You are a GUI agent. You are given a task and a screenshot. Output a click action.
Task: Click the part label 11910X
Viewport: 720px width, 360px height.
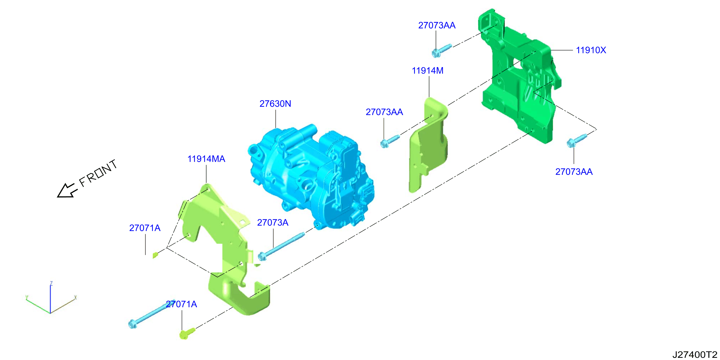click(591, 50)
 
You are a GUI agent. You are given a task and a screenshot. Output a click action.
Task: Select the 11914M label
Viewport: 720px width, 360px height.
click(428, 71)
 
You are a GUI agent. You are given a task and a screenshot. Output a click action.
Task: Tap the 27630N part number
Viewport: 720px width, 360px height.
click(275, 104)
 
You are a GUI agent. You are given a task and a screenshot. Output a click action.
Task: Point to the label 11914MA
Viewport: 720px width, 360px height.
click(206, 159)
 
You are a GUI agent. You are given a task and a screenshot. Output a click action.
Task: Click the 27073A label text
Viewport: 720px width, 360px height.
click(273, 222)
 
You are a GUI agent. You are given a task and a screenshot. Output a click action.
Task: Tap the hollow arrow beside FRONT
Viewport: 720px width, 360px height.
click(67, 191)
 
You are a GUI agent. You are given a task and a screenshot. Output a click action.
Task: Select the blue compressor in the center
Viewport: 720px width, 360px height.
click(311, 176)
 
